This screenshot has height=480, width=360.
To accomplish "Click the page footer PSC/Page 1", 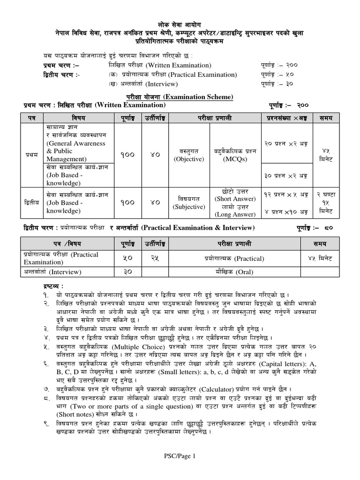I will (x=180, y=455).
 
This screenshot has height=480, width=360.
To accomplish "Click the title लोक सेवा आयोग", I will (x=180, y=24).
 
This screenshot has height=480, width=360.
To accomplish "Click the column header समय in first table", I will (x=326, y=116).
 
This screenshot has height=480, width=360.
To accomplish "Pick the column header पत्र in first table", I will (x=32, y=116).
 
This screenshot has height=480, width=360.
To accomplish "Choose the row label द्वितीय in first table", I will (x=32, y=202).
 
